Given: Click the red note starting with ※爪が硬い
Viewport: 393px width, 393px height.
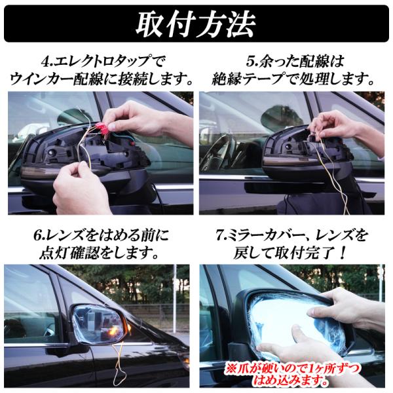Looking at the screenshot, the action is point(290,375).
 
